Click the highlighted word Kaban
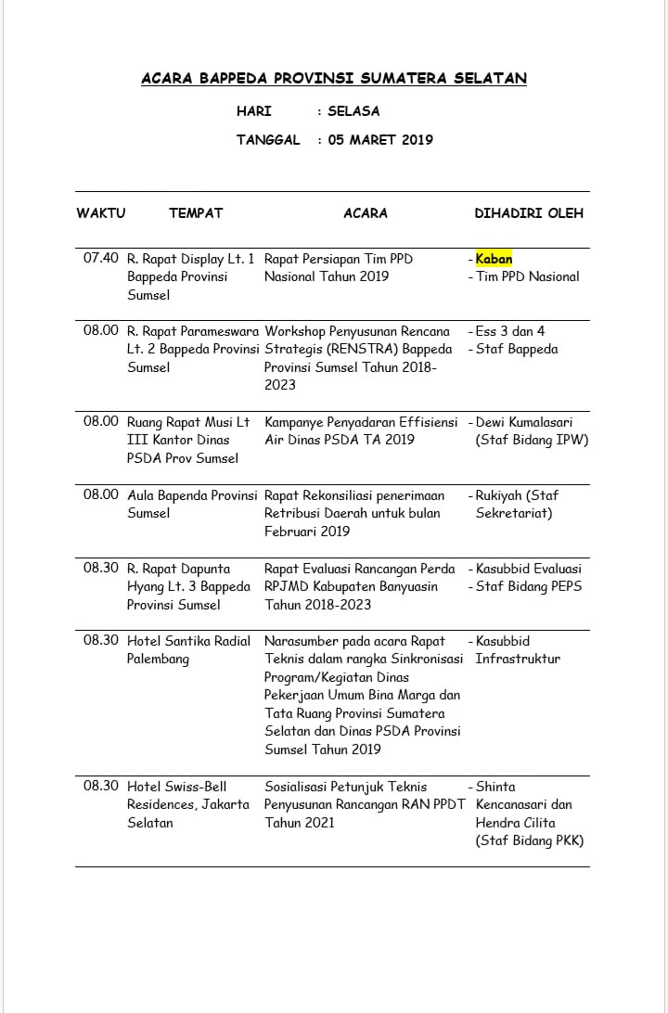[494, 259]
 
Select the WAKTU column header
[100, 212]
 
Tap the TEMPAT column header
[196, 212]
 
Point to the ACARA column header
[366, 212]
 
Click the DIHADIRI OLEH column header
[529, 212]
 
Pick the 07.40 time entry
[101, 259]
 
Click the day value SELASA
[353, 111]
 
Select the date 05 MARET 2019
[380, 140]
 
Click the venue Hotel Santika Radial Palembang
[188, 649]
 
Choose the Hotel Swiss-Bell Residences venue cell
[188, 804]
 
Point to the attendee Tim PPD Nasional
[528, 276]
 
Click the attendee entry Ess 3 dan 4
[510, 331]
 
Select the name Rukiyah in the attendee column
[501, 494]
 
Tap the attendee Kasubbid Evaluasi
[529, 568]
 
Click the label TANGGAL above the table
[268, 140]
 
